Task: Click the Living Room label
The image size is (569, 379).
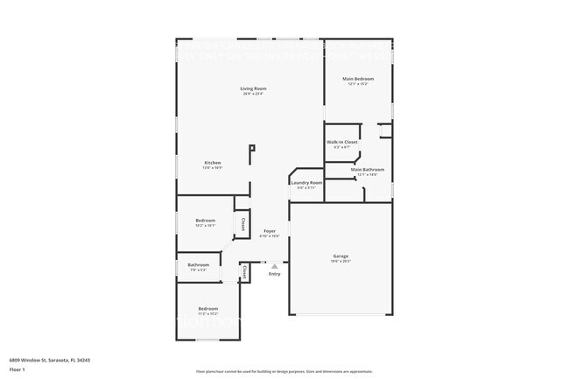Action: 254,88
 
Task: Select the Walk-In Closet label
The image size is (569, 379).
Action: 342,142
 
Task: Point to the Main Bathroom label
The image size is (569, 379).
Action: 368,170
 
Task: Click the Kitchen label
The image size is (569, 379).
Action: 213,163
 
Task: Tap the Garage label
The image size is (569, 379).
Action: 340,256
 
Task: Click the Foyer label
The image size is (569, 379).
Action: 270,231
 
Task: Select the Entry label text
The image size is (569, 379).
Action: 275,274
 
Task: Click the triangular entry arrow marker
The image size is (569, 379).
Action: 275,266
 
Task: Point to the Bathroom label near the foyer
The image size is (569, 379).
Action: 198,264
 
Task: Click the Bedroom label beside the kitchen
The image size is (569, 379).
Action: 206,220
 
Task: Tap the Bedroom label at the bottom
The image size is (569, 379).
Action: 207,308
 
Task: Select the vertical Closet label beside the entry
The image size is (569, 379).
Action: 244,272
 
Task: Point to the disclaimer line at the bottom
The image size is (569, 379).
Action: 284,371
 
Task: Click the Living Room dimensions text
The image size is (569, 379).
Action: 254,94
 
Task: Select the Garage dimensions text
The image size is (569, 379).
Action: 340,261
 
